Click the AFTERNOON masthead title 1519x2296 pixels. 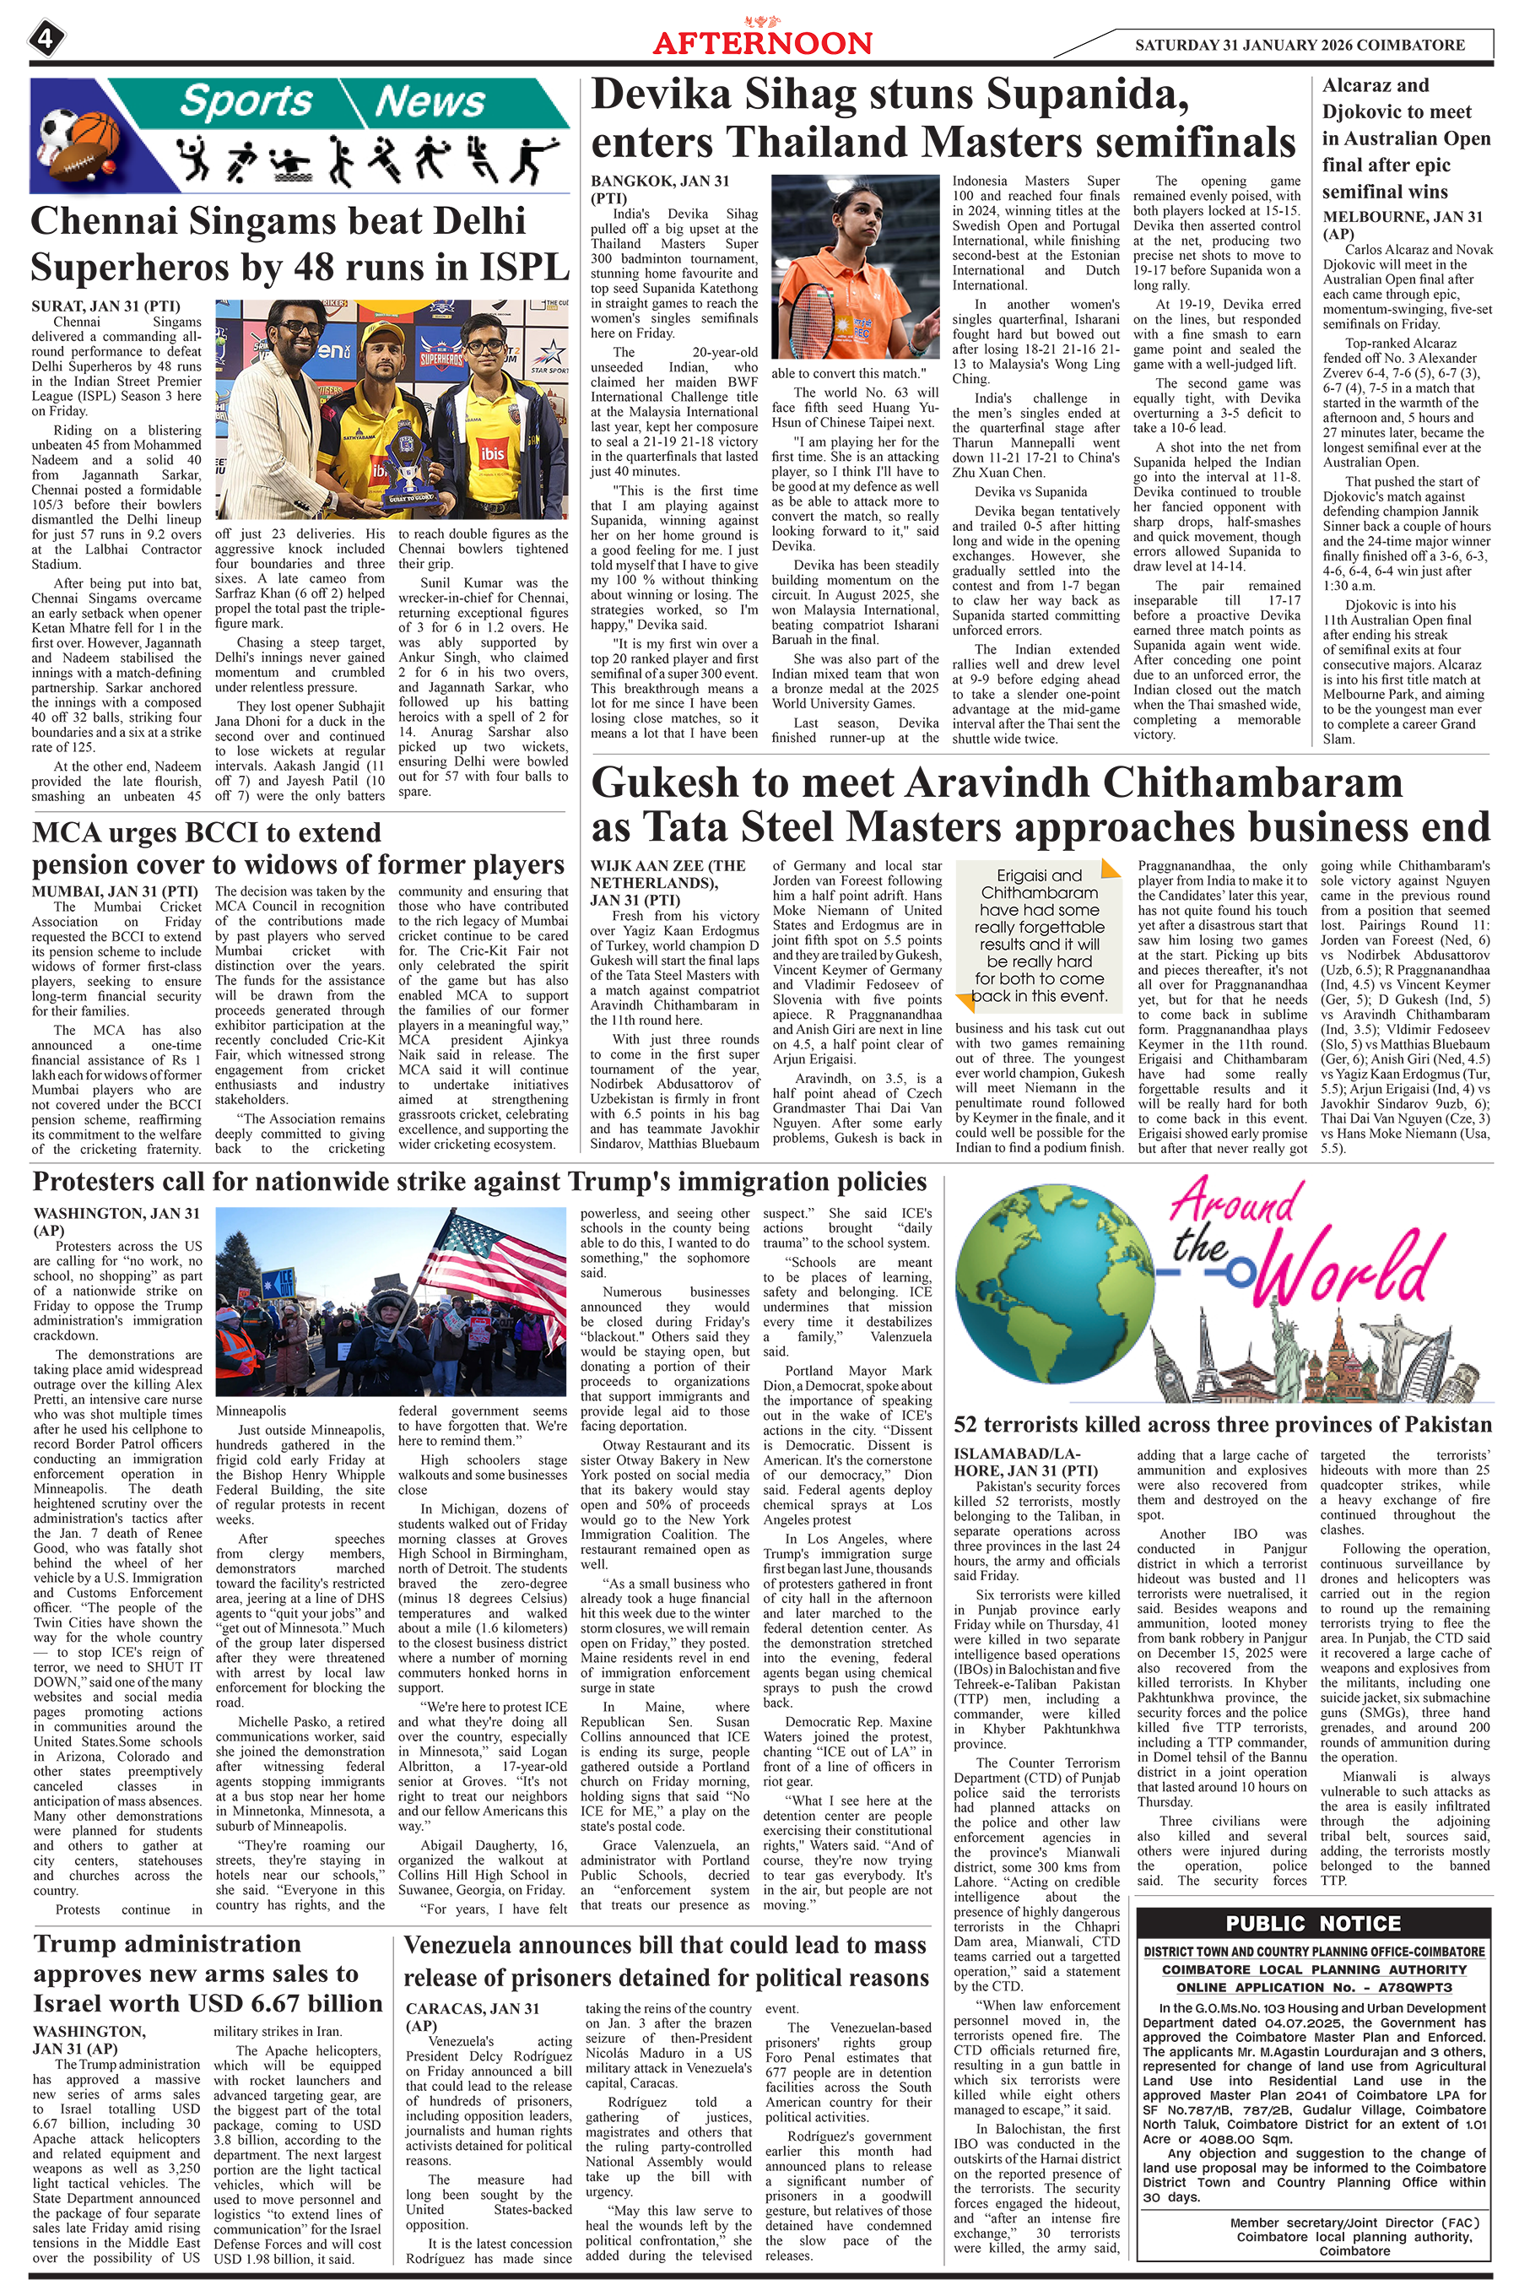(x=762, y=42)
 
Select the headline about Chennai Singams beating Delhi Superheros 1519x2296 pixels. (x=300, y=243)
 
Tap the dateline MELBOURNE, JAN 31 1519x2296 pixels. (x=1402, y=217)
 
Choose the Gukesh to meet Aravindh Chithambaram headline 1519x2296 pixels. (x=1040, y=805)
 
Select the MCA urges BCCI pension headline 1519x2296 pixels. (x=299, y=847)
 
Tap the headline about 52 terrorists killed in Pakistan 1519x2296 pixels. (x=1222, y=1424)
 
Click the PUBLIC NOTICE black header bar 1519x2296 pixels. (x=1312, y=1924)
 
